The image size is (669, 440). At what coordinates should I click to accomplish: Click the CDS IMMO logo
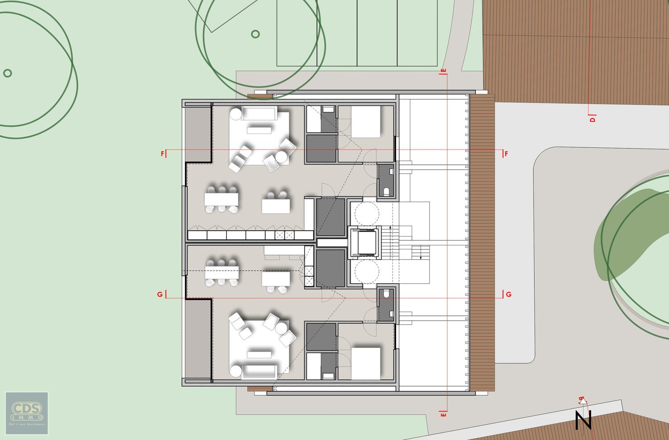point(27,413)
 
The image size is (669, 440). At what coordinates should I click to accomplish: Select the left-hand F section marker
point(163,154)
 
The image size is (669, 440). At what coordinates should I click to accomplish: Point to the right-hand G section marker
point(508,294)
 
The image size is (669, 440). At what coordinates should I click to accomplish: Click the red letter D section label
point(592,119)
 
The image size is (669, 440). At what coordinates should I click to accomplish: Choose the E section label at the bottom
point(443,414)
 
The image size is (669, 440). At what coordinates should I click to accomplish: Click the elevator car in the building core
point(364,242)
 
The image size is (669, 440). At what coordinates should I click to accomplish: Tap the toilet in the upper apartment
point(386,191)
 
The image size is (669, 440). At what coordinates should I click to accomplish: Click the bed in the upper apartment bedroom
point(366,122)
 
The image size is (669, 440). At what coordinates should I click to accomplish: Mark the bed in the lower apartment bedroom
point(366,363)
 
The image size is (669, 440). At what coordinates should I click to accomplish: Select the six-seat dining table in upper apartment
point(221,199)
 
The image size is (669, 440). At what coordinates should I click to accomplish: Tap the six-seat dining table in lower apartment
point(221,272)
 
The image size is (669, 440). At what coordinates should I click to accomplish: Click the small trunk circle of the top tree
point(255,34)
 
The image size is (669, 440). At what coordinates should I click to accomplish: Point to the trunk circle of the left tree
point(7,73)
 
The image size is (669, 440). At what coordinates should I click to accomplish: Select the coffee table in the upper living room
point(259,130)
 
